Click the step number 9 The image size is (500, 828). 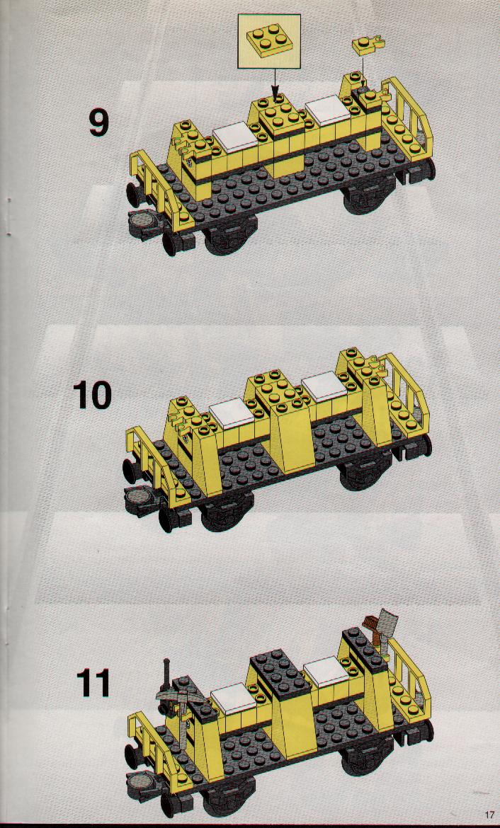98,122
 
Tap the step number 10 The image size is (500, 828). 92,395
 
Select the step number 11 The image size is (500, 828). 93,684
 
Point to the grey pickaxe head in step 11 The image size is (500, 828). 174,696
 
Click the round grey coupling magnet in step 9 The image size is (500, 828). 144,221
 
